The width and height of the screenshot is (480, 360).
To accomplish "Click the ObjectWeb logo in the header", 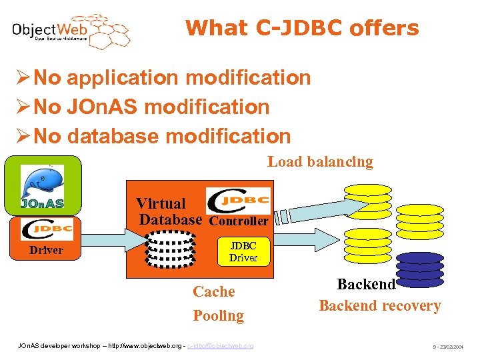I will [70, 31].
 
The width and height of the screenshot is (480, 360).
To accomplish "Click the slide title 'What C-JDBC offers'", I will [302, 28].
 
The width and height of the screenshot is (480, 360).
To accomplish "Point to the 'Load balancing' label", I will [320, 161].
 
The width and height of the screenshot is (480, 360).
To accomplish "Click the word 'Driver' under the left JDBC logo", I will [46, 251].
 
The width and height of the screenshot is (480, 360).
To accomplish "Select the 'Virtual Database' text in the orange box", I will [169, 211].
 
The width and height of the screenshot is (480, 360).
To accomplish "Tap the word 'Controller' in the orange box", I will [239, 221].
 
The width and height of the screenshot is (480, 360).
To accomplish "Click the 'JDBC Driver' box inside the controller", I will [243, 251].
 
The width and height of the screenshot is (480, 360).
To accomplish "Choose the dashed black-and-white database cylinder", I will [171, 249].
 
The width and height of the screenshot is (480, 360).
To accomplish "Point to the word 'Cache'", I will [214, 291].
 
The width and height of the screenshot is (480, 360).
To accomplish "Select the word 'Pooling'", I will [218, 315].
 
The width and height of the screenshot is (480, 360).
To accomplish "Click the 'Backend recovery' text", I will [380, 306].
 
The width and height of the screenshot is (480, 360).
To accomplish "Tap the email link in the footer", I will [221, 346].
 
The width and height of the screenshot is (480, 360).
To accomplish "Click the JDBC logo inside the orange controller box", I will [238, 201].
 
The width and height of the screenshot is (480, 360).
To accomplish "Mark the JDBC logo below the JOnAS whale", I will [47, 229].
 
